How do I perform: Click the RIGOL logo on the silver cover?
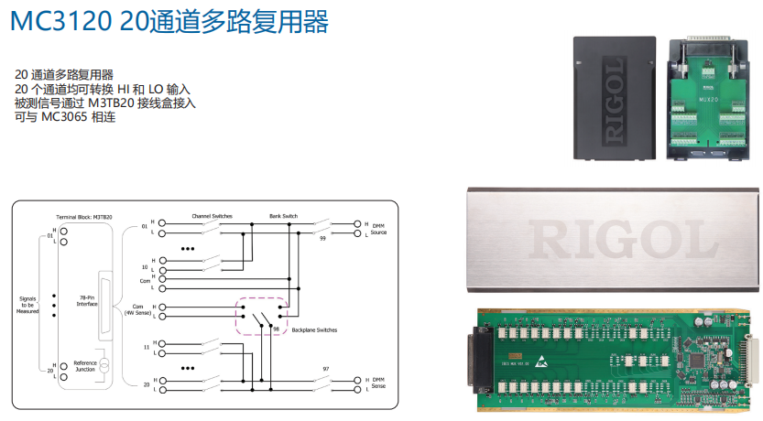click(x=613, y=240)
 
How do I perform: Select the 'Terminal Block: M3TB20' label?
click(x=84, y=217)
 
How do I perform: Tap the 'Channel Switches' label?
click(x=211, y=216)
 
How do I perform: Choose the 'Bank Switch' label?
click(x=283, y=216)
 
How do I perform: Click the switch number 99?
click(x=322, y=237)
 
